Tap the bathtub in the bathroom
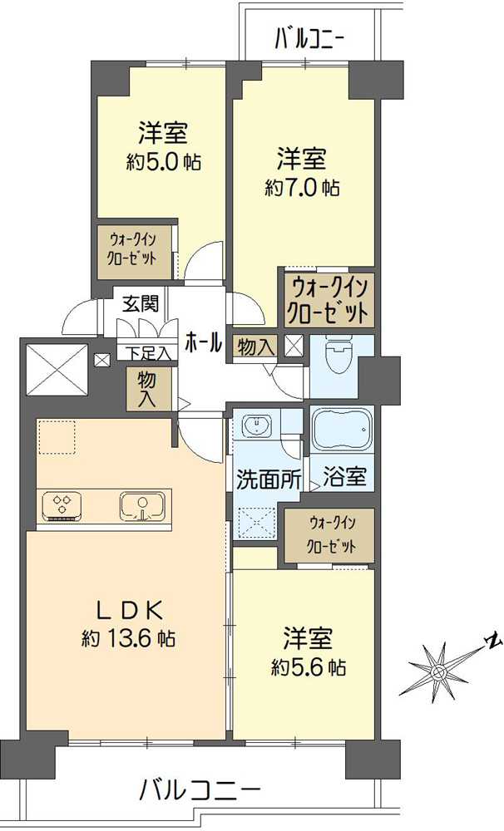342,430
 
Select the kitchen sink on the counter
142,506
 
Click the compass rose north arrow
441,664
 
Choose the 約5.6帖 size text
309,666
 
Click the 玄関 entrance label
141,303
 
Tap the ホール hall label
203,342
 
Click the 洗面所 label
258,480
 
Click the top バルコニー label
309,38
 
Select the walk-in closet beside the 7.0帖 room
326,300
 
